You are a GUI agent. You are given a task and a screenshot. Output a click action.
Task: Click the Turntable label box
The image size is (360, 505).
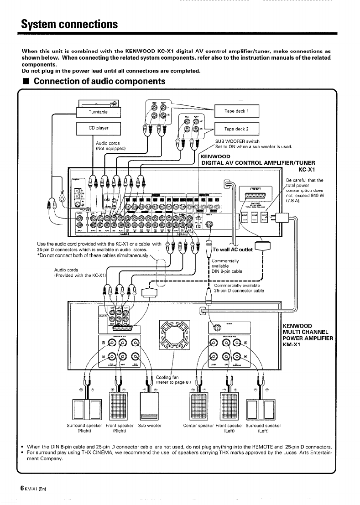point(98,112)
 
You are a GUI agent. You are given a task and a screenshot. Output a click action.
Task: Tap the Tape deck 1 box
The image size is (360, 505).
point(236,111)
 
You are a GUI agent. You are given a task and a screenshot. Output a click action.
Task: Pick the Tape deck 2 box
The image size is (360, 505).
point(236,129)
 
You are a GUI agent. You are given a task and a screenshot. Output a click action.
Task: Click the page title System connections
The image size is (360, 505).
point(63,23)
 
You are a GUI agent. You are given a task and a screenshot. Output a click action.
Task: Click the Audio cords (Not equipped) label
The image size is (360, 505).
point(111,145)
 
